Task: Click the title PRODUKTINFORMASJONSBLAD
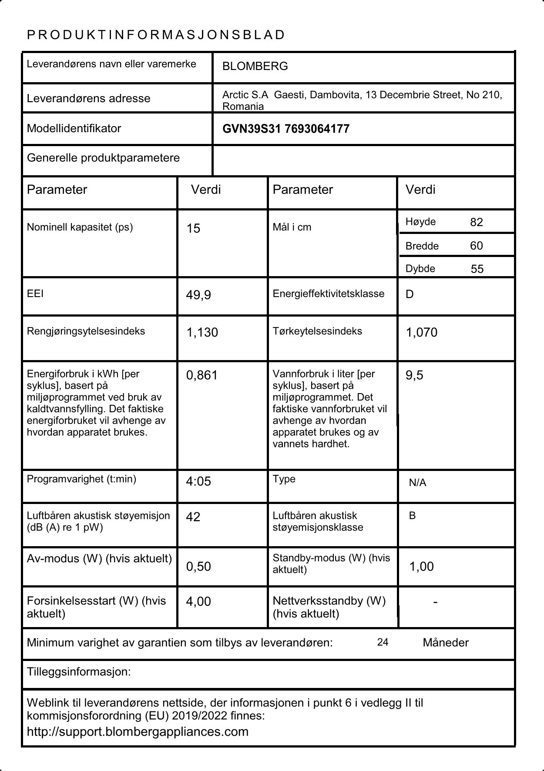click(156, 35)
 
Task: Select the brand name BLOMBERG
click(255, 66)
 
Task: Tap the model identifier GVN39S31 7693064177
click(285, 129)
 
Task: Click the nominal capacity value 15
click(193, 228)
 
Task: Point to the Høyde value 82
click(477, 222)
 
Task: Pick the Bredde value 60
click(477, 246)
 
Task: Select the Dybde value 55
click(477, 269)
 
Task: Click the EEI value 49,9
click(198, 295)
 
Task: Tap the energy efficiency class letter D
click(410, 294)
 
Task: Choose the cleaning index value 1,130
click(202, 332)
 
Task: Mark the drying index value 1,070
click(421, 332)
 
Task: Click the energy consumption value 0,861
click(201, 375)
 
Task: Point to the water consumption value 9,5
click(414, 375)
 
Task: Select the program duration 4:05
click(198, 481)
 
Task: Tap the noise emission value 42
click(193, 517)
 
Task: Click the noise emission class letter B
click(412, 516)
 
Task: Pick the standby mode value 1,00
click(421, 566)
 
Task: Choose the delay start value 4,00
click(198, 601)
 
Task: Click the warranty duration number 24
click(383, 642)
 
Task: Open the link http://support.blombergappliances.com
click(138, 731)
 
